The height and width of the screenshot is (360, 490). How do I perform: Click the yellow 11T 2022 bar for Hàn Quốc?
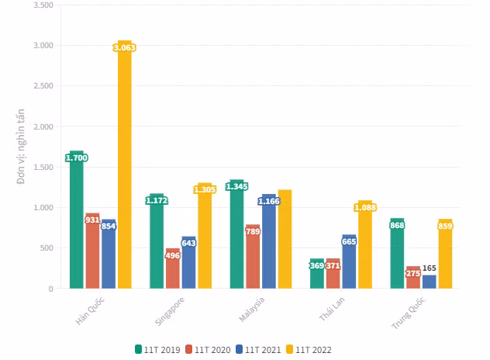[125, 171]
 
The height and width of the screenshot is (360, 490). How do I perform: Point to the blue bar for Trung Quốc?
[430, 282]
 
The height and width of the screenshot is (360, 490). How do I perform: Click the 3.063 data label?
[125, 48]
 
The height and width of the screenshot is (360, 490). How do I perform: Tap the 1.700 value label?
[77, 158]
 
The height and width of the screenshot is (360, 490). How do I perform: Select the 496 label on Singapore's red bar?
[173, 255]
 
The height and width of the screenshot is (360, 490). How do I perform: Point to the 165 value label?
[430, 268]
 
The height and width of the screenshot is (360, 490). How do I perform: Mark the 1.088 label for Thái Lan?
[365, 207]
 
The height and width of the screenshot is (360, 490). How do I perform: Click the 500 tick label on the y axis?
[46, 248]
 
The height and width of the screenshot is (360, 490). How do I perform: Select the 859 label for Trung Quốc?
[445, 226]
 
